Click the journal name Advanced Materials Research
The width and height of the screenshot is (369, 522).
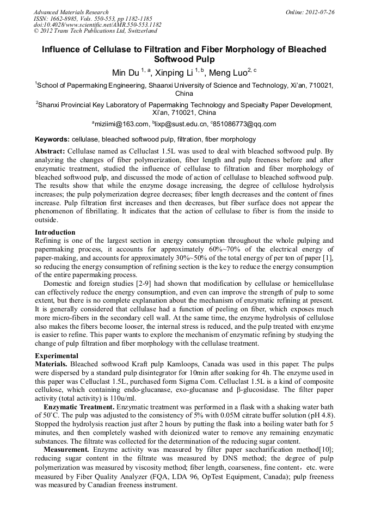tap(71, 12)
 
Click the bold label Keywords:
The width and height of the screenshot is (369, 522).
tap(52, 140)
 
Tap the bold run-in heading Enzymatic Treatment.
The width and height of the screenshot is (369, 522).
tap(78, 407)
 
